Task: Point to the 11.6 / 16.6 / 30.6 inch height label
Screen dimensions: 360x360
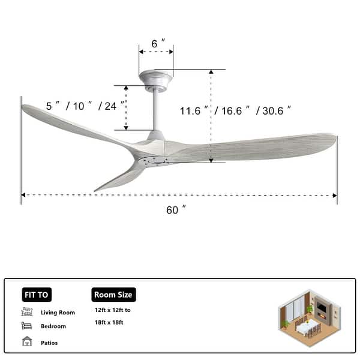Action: click(236, 110)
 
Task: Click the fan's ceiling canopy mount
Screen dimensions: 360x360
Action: click(156, 78)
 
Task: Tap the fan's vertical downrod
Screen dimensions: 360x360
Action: click(155, 108)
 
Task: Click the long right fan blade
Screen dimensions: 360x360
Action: click(258, 148)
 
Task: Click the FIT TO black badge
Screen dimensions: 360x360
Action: click(37, 295)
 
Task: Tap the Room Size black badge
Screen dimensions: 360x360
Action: click(114, 295)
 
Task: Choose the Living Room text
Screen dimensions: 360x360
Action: click(58, 313)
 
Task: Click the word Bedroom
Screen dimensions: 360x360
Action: click(53, 327)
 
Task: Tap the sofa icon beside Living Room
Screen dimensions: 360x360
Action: click(27, 312)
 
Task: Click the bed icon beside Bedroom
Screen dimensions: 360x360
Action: click(27, 326)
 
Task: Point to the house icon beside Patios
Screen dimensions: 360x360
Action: click(27, 341)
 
